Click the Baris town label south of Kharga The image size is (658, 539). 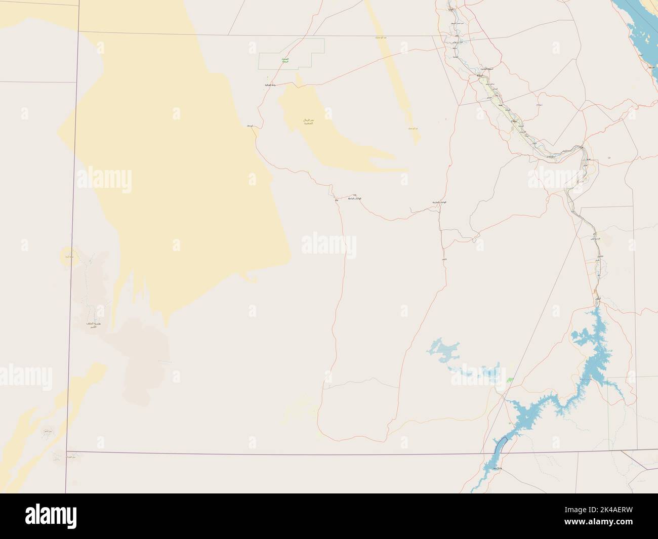coord(444,259)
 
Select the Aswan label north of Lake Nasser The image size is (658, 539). coord(598,300)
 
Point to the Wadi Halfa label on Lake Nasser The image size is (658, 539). coord(496,470)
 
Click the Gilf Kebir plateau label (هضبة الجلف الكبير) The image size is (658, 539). coord(92,325)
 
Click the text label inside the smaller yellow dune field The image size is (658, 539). coord(305,121)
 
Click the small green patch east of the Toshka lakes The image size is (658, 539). coord(510,379)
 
